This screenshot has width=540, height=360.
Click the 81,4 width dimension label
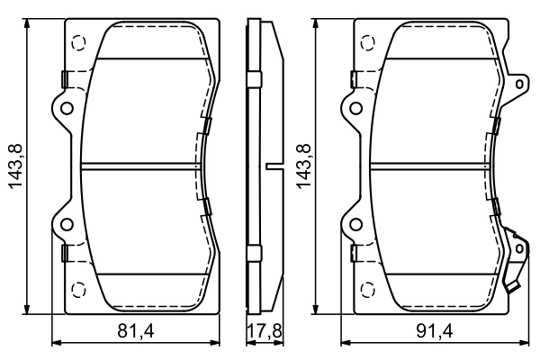click(x=136, y=331)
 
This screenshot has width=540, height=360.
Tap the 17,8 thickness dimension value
click(x=265, y=331)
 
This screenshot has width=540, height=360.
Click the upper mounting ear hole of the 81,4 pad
click(x=65, y=109)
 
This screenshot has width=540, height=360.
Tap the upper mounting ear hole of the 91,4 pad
click(x=355, y=109)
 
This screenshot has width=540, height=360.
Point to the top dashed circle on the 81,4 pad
click(x=79, y=41)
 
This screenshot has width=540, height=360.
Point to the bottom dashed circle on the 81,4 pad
click(x=79, y=289)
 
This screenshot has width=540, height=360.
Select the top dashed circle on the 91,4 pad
click(x=368, y=41)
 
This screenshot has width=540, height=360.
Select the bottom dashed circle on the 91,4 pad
click(x=368, y=289)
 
